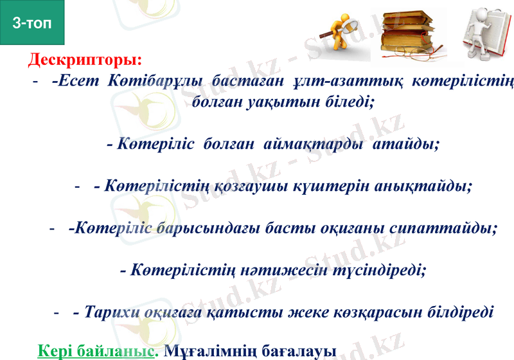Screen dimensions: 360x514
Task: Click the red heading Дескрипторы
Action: click(85, 61)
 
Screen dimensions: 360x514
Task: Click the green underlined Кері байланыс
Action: click(97, 351)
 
